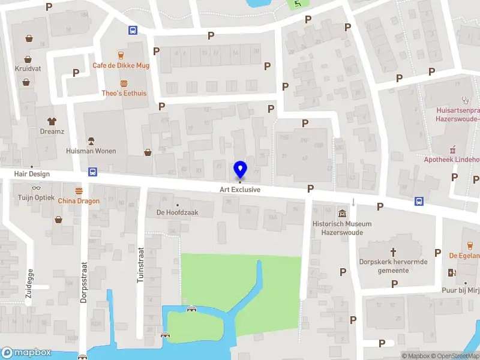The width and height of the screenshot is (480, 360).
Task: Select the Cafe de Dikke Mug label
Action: (121, 65)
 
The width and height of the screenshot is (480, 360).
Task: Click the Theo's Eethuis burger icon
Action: (124, 83)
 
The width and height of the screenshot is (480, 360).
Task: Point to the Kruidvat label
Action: (28, 69)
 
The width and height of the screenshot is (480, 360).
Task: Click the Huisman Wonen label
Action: (91, 151)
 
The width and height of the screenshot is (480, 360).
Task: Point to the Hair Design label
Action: (33, 174)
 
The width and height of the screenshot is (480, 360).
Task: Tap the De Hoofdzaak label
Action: (177, 212)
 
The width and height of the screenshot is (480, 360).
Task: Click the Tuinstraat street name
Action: (142, 267)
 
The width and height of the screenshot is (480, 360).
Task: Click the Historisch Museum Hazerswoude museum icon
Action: (341, 213)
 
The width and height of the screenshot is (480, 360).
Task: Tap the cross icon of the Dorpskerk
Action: (394, 252)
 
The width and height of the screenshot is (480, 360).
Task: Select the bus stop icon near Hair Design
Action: (93, 172)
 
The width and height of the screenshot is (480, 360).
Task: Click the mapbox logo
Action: (26, 353)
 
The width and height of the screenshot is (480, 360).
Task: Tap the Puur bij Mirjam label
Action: (472, 291)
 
